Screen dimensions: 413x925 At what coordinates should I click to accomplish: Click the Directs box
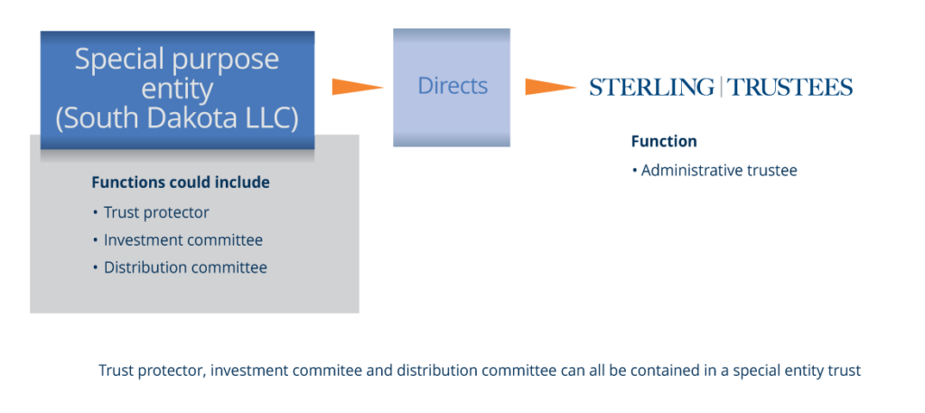click(x=452, y=87)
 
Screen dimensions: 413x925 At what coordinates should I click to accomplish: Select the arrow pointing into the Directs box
click(x=358, y=87)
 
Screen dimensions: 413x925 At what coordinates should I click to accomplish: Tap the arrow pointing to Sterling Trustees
click(x=550, y=87)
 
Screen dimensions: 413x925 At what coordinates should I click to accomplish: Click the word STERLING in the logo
click(x=651, y=87)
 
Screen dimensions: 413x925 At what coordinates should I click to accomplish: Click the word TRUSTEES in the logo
click(x=790, y=87)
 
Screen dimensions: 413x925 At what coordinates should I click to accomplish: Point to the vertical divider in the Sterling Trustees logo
click(x=721, y=87)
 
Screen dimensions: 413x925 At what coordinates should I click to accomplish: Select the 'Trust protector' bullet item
click(x=155, y=213)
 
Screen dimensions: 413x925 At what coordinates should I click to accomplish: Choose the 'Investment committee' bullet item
click(x=182, y=240)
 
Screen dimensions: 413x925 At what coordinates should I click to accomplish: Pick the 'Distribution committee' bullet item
click(x=184, y=268)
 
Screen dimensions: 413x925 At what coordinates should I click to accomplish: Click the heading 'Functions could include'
click(x=181, y=183)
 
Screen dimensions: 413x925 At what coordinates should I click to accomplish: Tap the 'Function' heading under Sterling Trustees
click(x=664, y=142)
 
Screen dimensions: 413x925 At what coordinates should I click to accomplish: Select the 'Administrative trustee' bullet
click(x=718, y=170)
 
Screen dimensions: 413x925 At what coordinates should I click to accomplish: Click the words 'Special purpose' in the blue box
click(x=177, y=60)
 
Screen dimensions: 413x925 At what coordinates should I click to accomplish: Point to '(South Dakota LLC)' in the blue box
click(x=177, y=118)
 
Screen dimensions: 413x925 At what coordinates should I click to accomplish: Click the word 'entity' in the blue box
click(x=177, y=89)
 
